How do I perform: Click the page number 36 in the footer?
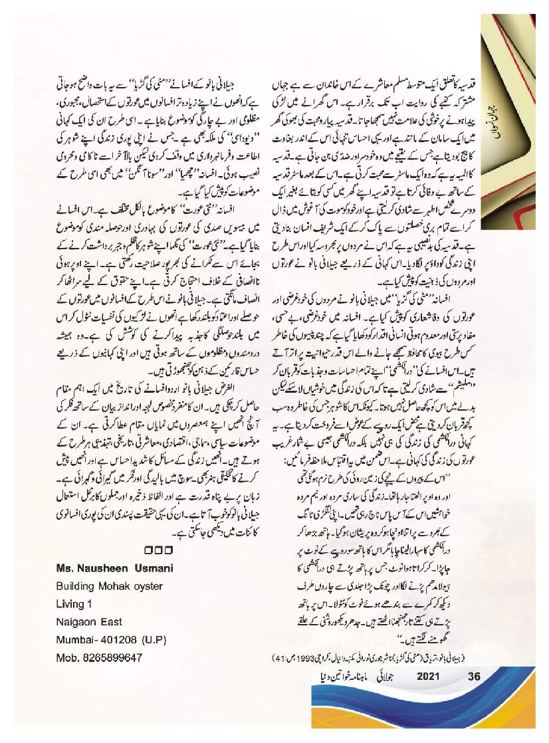coord(474,677)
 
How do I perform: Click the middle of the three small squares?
coord(158,550)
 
